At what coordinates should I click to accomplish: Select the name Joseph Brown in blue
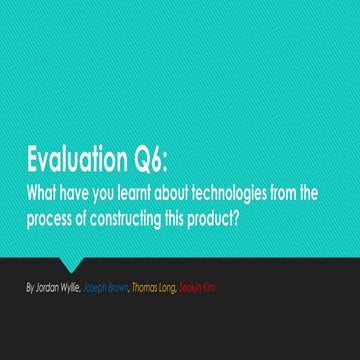108,287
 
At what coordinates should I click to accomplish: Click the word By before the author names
31,287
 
